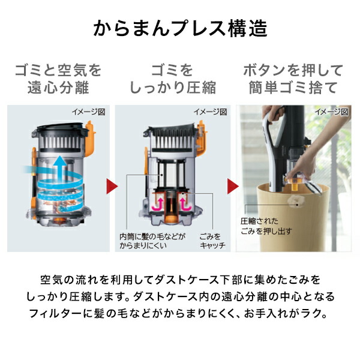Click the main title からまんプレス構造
pos(180,28)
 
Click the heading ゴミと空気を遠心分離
pos(58,79)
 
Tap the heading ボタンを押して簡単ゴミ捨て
pos(294,79)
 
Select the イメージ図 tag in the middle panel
pos(210,112)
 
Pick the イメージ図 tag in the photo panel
pos(331,112)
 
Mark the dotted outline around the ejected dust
pos(296,200)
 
